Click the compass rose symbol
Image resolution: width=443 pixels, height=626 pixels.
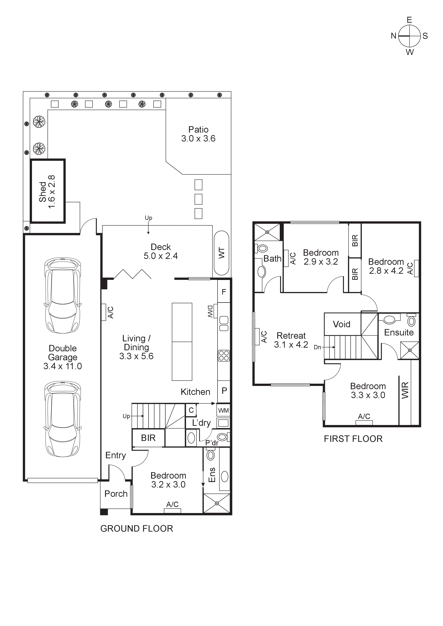pyautogui.click(x=409, y=36)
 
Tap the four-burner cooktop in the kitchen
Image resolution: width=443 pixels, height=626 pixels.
pyautogui.click(x=224, y=356)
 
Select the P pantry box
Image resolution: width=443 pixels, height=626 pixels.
pyautogui.click(x=224, y=391)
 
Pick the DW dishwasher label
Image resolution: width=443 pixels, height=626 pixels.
pyautogui.click(x=210, y=311)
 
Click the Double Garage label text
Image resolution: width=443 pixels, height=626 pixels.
pyautogui.click(x=63, y=353)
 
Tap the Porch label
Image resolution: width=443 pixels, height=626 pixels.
pyautogui.click(x=116, y=493)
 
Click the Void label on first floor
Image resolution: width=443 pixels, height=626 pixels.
pyautogui.click(x=342, y=324)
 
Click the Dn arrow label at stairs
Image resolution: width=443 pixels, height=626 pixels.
pyautogui.click(x=317, y=347)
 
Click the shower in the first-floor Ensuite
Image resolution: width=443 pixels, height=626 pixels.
pyautogui.click(x=409, y=350)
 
